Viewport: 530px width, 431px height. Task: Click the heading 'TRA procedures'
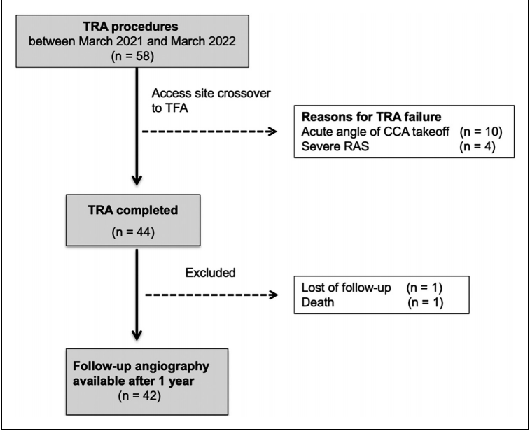(130, 27)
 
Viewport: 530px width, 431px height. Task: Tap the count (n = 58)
(132, 56)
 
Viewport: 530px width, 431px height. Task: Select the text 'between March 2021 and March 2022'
(132, 41)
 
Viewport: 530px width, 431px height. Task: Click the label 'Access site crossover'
(211, 93)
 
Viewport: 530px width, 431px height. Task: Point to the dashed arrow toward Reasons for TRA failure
(209, 132)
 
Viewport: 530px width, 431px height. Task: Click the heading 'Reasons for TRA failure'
(372, 117)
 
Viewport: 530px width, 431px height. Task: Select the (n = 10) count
(481, 132)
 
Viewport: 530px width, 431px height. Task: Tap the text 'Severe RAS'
(335, 147)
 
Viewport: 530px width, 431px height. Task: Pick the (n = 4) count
(477, 147)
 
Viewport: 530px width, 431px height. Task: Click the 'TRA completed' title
(133, 210)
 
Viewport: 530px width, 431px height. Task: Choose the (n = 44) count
(133, 232)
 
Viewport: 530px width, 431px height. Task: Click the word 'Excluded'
(210, 273)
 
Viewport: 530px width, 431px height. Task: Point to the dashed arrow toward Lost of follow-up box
(211, 295)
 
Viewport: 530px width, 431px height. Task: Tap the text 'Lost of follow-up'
(346, 288)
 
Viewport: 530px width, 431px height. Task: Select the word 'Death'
(318, 302)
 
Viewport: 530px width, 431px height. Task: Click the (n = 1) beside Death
(425, 302)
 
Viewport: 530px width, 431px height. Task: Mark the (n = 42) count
(139, 395)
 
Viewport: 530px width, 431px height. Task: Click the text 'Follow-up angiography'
(141, 366)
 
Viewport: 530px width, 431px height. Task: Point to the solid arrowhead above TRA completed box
(137, 181)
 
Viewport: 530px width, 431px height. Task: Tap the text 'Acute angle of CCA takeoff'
(375, 132)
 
